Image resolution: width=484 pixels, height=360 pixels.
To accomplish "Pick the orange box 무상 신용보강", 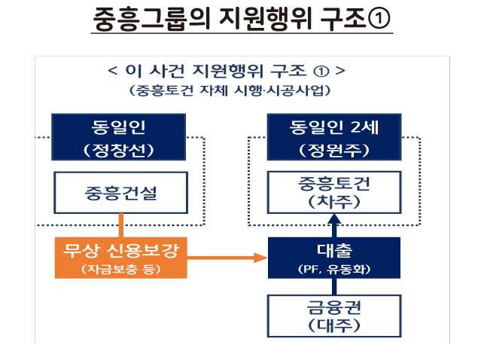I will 120,258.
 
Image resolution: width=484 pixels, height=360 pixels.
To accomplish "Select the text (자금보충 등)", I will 120,269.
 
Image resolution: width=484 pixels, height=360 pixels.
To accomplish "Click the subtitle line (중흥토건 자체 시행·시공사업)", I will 227,91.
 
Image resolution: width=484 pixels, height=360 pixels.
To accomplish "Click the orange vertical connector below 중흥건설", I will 120,224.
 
